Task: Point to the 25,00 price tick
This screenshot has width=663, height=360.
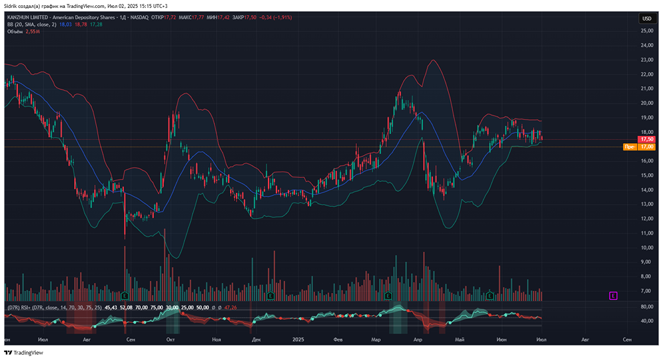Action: click(646, 30)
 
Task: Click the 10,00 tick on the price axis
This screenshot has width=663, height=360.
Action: click(646, 247)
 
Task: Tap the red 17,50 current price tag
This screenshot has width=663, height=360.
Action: click(646, 139)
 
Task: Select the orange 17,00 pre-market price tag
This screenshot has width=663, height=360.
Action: click(646, 147)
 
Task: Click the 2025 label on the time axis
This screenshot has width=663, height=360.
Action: click(298, 339)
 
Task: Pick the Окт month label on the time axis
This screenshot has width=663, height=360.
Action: click(170, 339)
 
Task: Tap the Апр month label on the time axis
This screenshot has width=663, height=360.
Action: click(418, 339)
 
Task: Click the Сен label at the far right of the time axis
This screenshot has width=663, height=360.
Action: click(627, 339)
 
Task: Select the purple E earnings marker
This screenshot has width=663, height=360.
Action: click(613, 295)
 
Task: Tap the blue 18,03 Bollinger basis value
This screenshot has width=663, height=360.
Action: click(65, 24)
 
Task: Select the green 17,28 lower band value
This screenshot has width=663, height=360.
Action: click(95, 24)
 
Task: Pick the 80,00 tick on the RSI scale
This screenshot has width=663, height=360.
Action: click(646, 307)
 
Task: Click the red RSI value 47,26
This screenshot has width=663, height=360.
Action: click(231, 308)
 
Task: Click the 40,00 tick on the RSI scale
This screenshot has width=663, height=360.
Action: click(646, 322)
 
